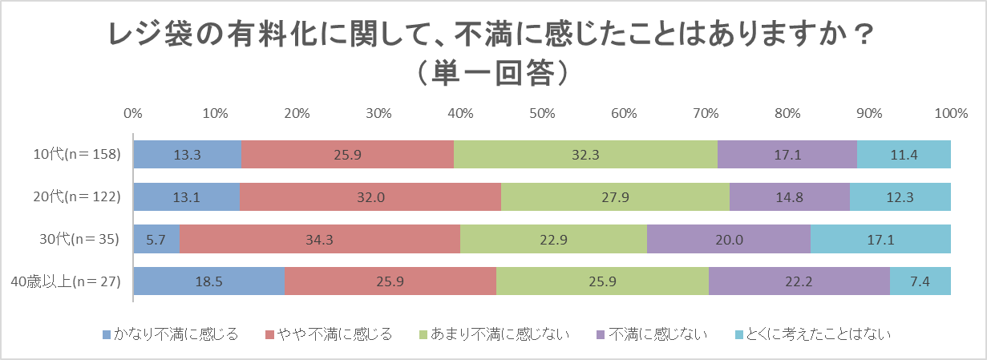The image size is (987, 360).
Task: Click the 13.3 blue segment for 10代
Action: [187, 154]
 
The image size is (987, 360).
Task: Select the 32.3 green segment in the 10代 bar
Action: [585, 154]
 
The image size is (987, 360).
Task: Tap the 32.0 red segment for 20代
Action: [370, 196]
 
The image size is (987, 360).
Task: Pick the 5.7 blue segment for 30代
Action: [156, 239]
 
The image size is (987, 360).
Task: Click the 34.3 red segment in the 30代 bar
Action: [319, 239]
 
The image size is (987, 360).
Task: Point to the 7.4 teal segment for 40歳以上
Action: [920, 281]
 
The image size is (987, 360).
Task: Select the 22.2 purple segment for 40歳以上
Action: [799, 281]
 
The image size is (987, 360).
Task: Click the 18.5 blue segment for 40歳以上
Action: [208, 281]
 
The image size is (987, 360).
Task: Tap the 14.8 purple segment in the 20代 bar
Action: [789, 196]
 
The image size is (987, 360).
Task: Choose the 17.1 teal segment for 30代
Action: [880, 239]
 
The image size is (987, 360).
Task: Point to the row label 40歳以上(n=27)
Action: [66, 281]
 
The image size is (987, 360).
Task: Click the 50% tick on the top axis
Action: [542, 113]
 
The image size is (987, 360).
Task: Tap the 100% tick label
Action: [950, 113]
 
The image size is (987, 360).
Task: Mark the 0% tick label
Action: [133, 113]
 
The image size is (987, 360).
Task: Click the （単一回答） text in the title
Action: [492, 72]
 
